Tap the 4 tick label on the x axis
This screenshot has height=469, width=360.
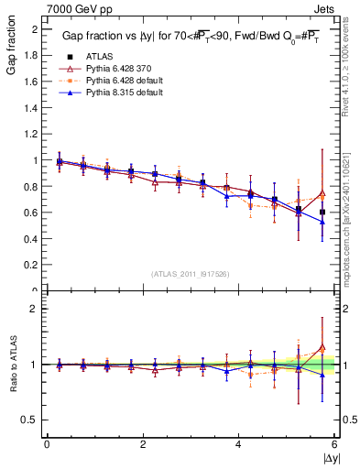point(238,444)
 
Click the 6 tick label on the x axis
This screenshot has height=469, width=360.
point(334,444)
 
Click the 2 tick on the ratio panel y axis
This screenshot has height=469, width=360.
point(36,309)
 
